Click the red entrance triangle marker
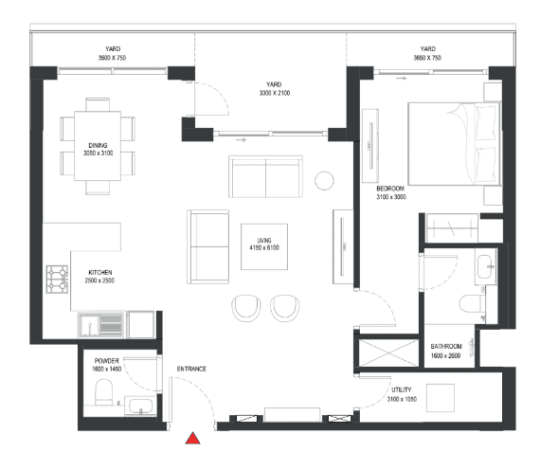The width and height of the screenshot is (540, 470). point(193,439)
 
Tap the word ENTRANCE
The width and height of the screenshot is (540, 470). point(191,369)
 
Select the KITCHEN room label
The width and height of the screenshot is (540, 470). point(100,272)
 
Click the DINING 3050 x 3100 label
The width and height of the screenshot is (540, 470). point(99,149)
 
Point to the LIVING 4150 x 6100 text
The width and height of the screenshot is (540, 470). point(264,244)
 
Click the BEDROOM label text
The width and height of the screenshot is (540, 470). point(390,189)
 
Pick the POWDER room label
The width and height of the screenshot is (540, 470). point(106,361)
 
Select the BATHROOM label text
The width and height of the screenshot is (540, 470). point(446,346)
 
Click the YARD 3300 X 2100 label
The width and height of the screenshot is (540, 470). point(275,88)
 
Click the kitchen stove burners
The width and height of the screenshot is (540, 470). point(57,280)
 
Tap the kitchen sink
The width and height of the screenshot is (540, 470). point(100,325)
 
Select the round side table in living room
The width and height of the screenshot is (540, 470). point(324,181)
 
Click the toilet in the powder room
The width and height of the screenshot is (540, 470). point(103,392)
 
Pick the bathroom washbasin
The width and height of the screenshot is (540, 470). point(486,266)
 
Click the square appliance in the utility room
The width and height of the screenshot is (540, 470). point(441,398)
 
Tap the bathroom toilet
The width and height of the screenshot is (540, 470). point(471,303)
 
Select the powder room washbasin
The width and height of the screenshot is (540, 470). point(140,406)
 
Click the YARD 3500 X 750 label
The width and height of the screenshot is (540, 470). point(113,53)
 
